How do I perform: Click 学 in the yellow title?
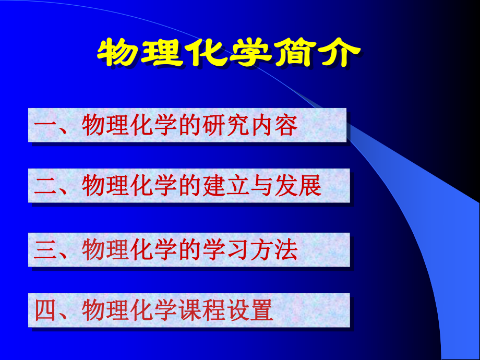[x=250, y=52]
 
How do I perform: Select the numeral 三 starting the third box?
[x=45, y=250]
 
